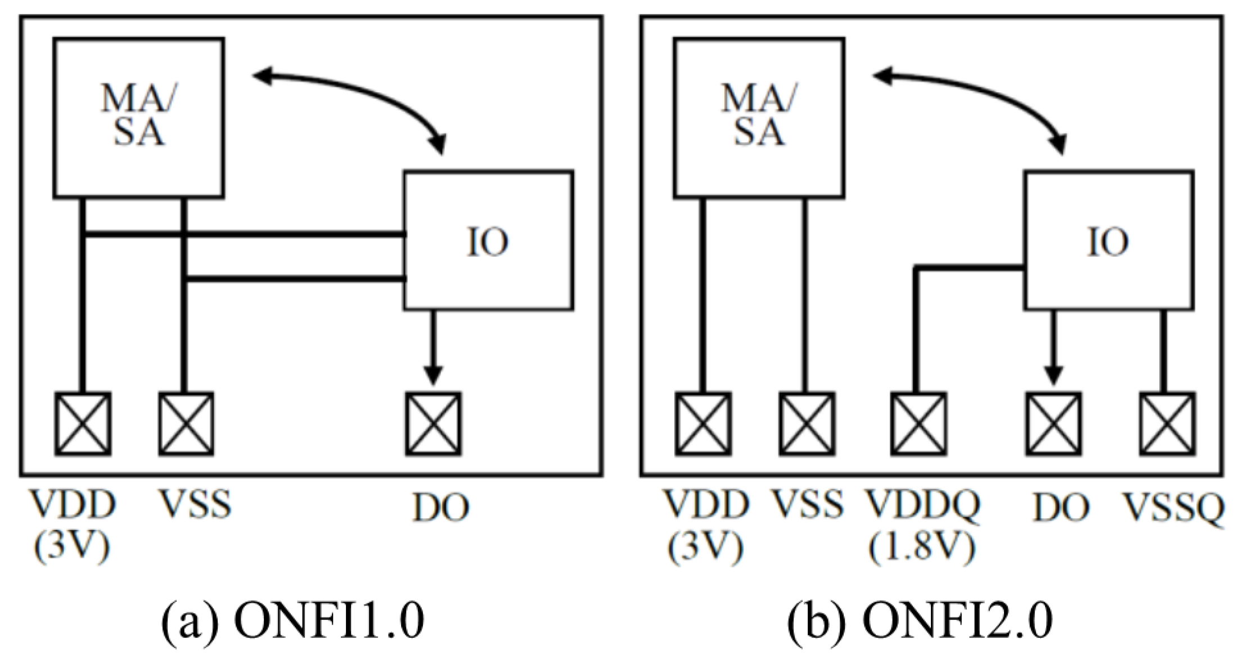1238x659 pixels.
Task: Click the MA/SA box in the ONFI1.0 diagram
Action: click(138, 118)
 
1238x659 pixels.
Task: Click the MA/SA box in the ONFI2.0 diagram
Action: click(759, 118)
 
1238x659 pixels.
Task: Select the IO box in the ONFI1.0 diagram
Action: click(488, 240)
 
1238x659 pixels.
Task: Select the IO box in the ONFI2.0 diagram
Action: click(1109, 240)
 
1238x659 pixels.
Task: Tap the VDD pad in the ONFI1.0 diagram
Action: click(83, 424)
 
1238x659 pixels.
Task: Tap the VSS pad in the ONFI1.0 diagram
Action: click(186, 424)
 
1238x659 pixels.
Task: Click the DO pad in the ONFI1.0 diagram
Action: click(433, 424)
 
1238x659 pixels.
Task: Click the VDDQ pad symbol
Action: click(919, 424)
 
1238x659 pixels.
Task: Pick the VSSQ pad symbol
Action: click(1168, 424)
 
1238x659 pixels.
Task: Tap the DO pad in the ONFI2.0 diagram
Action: click(1054, 424)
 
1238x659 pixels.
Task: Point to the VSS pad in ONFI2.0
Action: click(807, 424)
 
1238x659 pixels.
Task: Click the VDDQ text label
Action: click(922, 505)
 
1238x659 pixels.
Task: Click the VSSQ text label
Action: click(1173, 506)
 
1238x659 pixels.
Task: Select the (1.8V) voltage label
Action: click(921, 546)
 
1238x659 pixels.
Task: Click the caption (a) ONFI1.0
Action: click(292, 621)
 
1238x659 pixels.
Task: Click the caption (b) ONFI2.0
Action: click(919, 621)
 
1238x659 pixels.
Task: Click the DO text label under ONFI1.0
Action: click(440, 508)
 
